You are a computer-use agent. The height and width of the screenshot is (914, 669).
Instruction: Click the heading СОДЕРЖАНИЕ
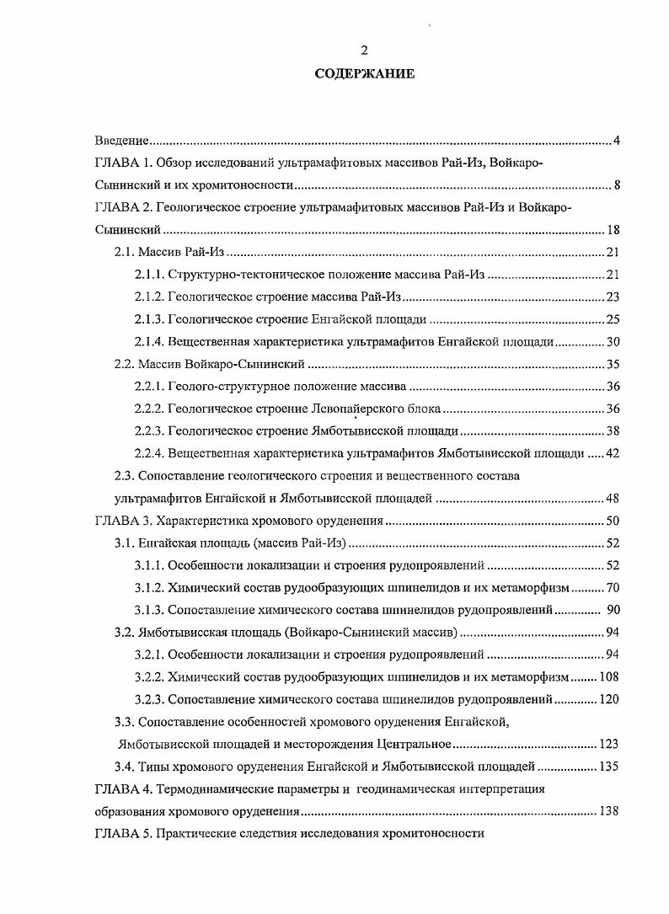[364, 74]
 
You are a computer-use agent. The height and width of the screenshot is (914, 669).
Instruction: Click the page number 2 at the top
[364, 51]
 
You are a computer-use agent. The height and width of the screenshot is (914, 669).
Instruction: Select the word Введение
[121, 140]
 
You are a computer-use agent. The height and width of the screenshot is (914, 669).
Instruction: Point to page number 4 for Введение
[616, 140]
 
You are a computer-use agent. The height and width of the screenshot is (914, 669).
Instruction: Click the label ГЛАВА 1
[121, 162]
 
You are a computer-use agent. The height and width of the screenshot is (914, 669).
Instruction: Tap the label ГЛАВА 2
[121, 207]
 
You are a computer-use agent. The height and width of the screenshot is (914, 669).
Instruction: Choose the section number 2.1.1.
[148, 274]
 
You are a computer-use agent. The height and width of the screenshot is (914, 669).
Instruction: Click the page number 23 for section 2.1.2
[613, 297]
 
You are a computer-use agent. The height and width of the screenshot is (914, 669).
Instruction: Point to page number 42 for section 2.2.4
[613, 453]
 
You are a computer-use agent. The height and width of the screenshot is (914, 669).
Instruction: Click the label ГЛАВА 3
[121, 521]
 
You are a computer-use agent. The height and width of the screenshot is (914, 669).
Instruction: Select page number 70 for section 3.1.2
[613, 587]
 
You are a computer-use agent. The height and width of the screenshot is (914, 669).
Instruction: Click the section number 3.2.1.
[148, 655]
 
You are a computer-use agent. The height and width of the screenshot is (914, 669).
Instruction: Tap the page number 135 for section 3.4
[609, 767]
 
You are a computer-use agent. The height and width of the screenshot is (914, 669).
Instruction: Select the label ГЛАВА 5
[121, 834]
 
